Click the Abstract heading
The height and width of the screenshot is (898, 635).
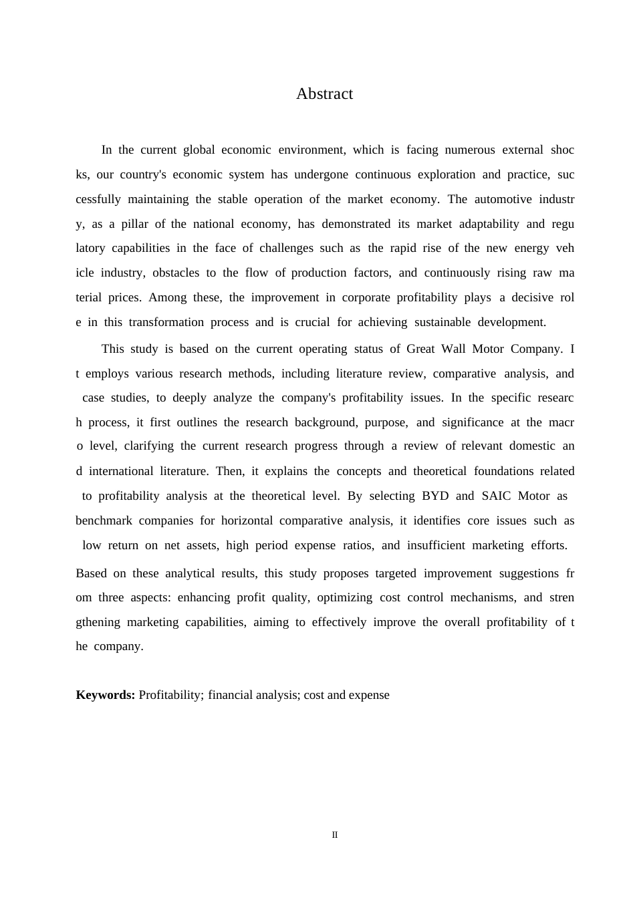tap(324, 94)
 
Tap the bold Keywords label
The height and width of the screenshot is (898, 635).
tap(106, 695)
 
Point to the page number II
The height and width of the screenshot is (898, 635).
tap(335, 835)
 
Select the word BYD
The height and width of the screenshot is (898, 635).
tap(435, 496)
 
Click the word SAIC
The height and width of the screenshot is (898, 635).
tap(496, 496)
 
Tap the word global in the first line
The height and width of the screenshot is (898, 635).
tap(199, 150)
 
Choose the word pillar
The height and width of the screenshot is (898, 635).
tap(134, 224)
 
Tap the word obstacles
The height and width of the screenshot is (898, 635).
tap(176, 273)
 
